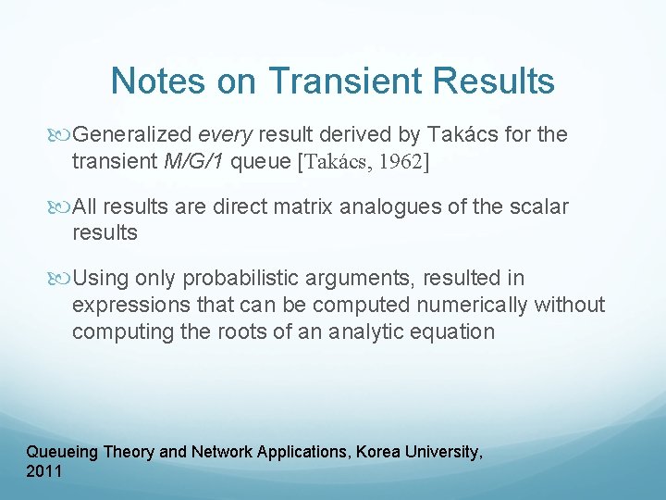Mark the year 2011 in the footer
click(x=44, y=471)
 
